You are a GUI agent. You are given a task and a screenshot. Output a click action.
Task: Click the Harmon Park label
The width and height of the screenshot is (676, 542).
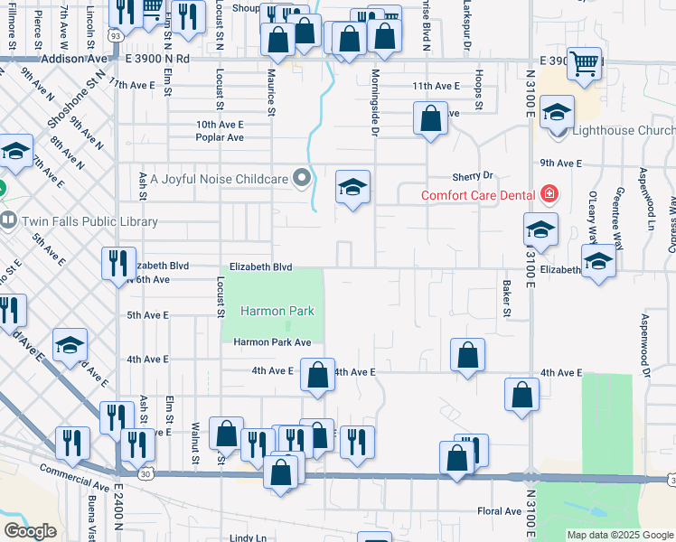[277, 312]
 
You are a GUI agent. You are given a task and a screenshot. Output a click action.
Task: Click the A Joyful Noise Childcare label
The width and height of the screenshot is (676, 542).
[217, 179]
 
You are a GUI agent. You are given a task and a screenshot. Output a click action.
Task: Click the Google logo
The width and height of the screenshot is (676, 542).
[30, 531]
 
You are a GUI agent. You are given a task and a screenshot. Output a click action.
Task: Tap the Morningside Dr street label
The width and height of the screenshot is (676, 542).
[372, 113]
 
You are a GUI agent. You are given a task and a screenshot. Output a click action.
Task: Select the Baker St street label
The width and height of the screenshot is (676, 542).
[507, 297]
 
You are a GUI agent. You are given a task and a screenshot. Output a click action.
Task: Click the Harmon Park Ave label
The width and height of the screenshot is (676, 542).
[272, 342]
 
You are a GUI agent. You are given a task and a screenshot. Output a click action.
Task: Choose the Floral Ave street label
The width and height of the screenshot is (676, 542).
[500, 511]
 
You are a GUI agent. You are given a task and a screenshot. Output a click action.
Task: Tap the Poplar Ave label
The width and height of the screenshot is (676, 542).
[221, 138]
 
